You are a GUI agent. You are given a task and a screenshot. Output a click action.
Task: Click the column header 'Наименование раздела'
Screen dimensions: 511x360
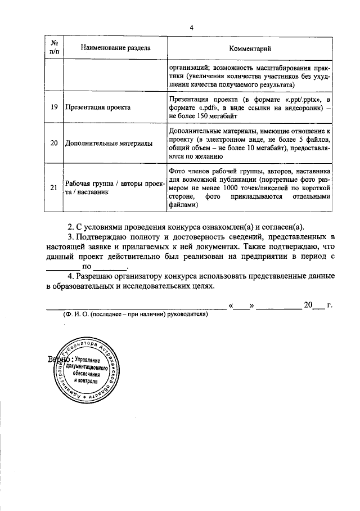pos(115,48)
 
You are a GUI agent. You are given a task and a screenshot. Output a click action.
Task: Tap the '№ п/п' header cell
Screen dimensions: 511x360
pos(55,48)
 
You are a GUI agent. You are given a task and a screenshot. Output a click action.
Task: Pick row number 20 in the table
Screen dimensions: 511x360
pos(55,144)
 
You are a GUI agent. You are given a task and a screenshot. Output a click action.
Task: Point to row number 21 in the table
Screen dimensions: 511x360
pos(55,188)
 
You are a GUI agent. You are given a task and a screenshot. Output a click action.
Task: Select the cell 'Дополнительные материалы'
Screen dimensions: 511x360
pos(109,144)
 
